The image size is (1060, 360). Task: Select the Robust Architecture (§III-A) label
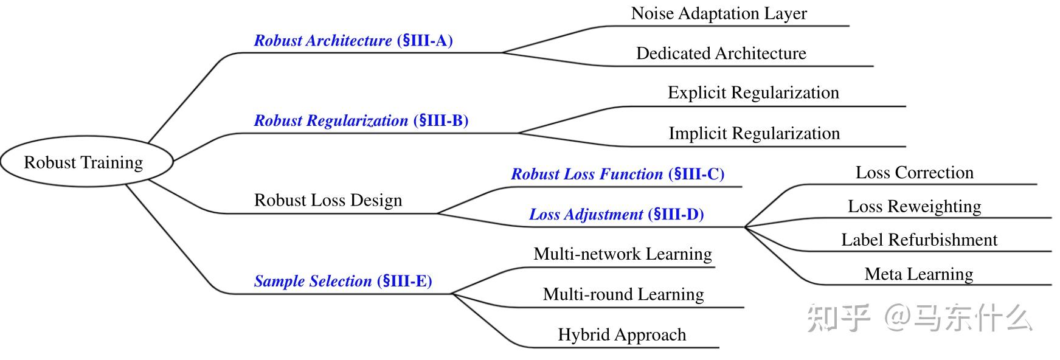point(353,41)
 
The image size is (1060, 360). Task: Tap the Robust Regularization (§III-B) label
point(361,120)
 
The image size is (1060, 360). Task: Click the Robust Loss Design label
point(328,200)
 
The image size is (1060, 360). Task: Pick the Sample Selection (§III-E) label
point(342,281)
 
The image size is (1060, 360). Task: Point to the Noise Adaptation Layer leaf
point(719,13)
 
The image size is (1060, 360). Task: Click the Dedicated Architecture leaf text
point(721,54)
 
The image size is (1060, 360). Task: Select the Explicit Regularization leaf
point(753,92)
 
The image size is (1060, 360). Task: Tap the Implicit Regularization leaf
point(753,133)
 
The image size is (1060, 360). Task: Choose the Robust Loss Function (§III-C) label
point(617,174)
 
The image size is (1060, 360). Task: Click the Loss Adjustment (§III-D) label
point(616,214)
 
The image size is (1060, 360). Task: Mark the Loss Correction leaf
point(914,173)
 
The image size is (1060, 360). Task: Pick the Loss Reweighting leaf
point(914,206)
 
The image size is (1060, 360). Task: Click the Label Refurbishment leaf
point(919,240)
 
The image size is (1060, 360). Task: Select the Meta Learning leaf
point(918,274)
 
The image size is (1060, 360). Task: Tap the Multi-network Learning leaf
point(622,254)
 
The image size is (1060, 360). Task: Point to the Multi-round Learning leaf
point(623,294)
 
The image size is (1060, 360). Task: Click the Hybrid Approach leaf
point(622,334)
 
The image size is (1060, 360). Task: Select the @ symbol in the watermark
point(898,317)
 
